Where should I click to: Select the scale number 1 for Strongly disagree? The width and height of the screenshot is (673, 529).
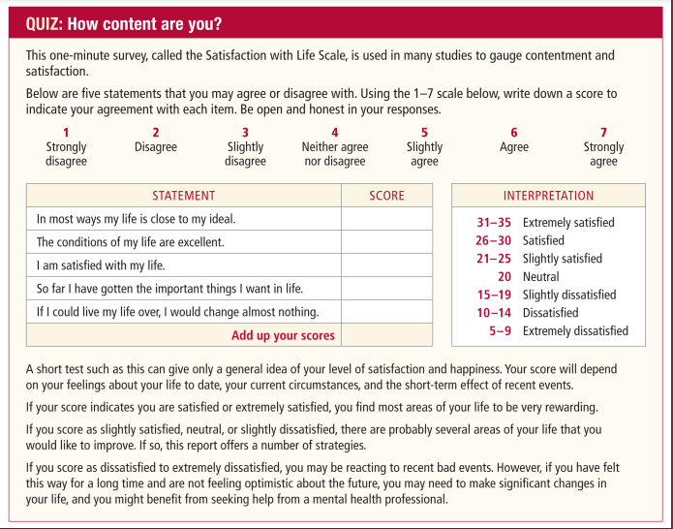(x=66, y=133)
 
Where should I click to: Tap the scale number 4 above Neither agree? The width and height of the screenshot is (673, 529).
(x=334, y=133)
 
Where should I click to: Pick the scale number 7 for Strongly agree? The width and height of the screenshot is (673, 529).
(x=603, y=133)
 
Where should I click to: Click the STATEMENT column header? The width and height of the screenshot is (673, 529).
(x=184, y=196)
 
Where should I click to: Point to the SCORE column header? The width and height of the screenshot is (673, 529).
(x=387, y=196)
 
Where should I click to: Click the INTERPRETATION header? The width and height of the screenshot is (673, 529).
(x=549, y=196)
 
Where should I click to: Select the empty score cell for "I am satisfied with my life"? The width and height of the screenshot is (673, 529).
(x=387, y=264)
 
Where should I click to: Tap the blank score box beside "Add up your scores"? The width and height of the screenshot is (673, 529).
(x=387, y=335)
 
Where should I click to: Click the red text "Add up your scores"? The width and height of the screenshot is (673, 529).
(x=283, y=335)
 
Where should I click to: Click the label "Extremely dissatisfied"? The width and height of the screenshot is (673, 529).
(x=575, y=331)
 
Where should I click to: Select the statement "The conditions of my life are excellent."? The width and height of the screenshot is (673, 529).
(x=130, y=242)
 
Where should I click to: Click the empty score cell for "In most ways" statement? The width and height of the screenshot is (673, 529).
(x=387, y=219)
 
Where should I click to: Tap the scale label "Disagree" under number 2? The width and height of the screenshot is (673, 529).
(x=156, y=147)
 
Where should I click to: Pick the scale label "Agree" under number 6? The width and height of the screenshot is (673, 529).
(x=514, y=147)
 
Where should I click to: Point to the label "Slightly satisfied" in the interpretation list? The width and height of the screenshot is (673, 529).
(x=562, y=259)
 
